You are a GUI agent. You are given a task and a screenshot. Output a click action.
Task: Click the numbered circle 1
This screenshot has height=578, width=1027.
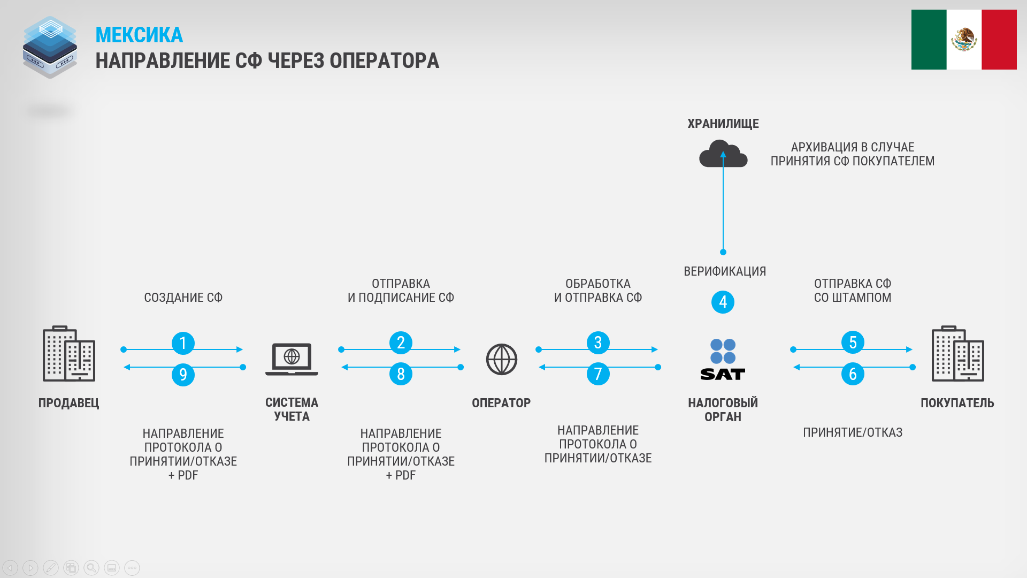tap(183, 343)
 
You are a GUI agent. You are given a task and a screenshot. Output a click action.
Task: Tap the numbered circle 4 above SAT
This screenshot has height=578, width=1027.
tap(723, 302)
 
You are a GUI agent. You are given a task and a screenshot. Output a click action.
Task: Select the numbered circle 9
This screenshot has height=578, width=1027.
tap(183, 374)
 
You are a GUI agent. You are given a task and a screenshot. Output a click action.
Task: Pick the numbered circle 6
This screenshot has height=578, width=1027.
tap(853, 374)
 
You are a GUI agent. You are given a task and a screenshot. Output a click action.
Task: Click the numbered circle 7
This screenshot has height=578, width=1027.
tap(598, 374)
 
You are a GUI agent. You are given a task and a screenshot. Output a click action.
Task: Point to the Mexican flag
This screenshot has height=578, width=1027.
tap(964, 40)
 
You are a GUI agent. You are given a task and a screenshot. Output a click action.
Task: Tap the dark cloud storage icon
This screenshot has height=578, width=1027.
tap(723, 154)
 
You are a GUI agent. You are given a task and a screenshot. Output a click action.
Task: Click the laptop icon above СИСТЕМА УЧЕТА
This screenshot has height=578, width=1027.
tap(292, 359)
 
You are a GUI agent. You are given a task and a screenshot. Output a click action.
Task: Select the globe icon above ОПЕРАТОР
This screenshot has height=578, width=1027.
tap(501, 359)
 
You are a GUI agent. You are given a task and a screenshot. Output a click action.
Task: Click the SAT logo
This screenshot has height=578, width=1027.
tap(723, 360)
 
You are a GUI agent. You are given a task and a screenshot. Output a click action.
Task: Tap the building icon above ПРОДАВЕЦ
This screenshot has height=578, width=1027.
tap(69, 353)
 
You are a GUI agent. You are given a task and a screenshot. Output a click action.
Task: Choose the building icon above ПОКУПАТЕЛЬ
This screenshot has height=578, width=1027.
tap(957, 353)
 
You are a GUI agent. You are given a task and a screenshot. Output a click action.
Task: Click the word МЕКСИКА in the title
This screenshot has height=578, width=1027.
tap(139, 35)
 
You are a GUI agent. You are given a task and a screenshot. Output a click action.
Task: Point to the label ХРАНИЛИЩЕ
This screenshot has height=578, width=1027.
tap(723, 124)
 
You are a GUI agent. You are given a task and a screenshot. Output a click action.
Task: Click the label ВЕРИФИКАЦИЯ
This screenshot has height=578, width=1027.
tap(725, 271)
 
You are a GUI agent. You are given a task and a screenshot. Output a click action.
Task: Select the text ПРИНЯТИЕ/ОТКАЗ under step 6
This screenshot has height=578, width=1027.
tap(853, 432)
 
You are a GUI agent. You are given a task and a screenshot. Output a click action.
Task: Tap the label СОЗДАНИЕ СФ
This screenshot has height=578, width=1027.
tap(183, 298)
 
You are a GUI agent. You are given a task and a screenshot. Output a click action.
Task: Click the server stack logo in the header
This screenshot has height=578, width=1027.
tap(50, 47)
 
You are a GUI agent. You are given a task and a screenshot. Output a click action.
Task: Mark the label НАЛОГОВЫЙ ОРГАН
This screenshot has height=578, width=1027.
tap(723, 410)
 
